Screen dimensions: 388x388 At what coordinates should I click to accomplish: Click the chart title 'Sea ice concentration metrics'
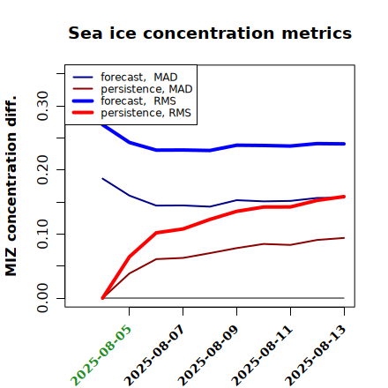210,33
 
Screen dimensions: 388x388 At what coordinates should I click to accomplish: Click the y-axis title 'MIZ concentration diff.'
11,186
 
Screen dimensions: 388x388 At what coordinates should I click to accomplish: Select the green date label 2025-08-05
101,354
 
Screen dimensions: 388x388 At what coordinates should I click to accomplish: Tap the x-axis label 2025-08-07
154,354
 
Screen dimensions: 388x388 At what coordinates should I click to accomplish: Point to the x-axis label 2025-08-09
208,354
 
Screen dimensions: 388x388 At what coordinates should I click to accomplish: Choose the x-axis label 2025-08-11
262,354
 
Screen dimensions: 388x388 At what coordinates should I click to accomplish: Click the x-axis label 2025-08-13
316,354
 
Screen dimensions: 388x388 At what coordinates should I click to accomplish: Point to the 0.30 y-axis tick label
42,106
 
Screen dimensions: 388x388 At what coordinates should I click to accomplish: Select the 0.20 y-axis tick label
42,170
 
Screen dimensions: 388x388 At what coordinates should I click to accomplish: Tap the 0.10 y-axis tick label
42,234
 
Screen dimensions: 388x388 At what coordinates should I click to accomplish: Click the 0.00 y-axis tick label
42,298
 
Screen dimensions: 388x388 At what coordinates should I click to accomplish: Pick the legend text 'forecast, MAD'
139,77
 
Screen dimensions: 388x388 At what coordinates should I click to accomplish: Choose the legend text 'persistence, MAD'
146,89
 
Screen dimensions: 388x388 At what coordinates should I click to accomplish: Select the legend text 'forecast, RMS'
138,101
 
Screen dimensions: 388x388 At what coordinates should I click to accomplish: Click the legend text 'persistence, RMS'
145,113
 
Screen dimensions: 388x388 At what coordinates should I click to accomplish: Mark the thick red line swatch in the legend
83,112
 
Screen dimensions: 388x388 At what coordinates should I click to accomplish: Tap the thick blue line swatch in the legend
83,101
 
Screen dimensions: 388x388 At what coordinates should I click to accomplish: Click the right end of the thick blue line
344,144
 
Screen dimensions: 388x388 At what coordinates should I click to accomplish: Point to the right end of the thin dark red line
344,238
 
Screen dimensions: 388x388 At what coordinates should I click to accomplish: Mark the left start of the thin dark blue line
102,178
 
